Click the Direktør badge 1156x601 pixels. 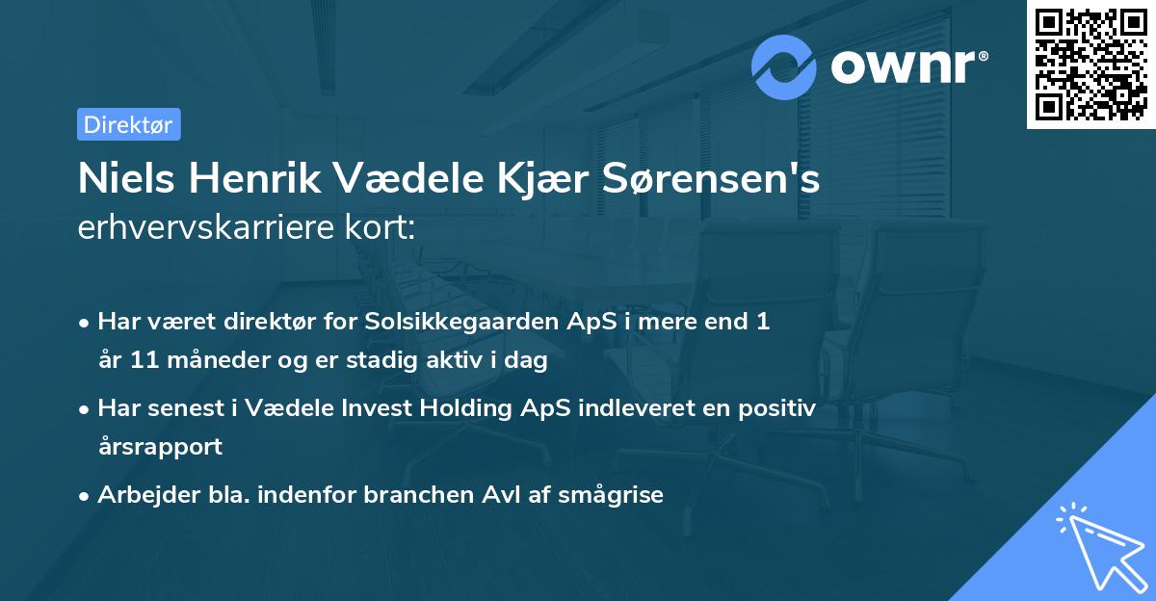click(x=128, y=124)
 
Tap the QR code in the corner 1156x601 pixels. click(x=1090, y=64)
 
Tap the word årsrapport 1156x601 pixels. click(x=160, y=447)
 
